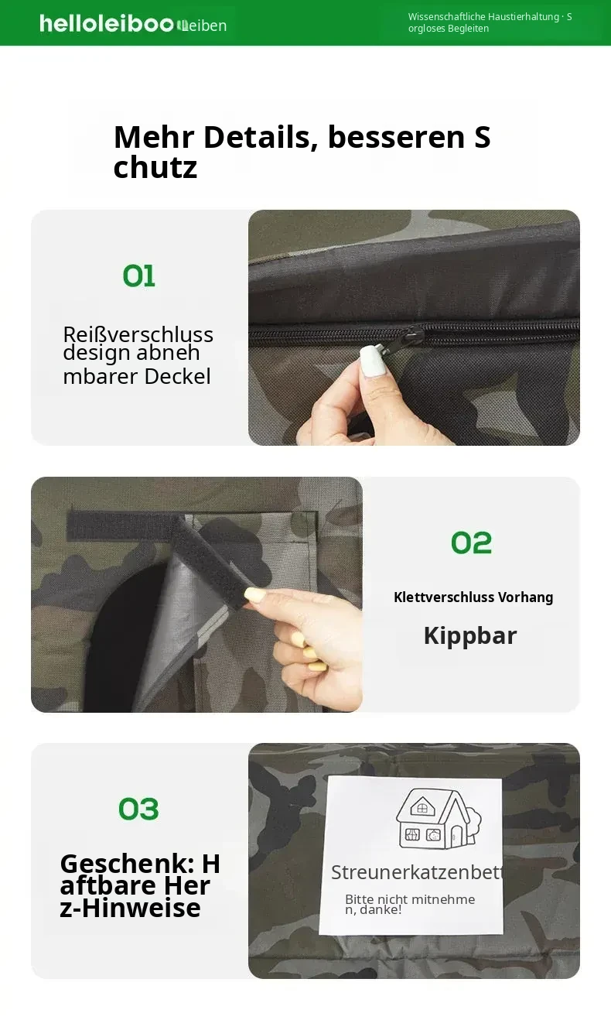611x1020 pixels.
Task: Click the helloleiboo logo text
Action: pyautogui.click(x=107, y=24)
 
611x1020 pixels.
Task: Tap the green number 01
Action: pyautogui.click(x=138, y=276)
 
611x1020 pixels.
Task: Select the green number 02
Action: pyautogui.click(x=471, y=543)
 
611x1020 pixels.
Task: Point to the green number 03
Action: pyautogui.click(x=138, y=809)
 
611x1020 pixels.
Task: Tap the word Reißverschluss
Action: pyautogui.click(x=138, y=334)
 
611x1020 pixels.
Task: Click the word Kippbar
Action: pyautogui.click(x=470, y=636)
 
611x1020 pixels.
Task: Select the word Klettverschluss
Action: pyautogui.click(x=438, y=597)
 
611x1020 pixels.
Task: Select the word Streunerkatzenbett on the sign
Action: pyautogui.click(x=417, y=872)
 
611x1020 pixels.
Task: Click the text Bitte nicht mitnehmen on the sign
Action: pyautogui.click(x=410, y=904)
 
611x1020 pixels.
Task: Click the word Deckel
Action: pyautogui.click(x=177, y=377)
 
